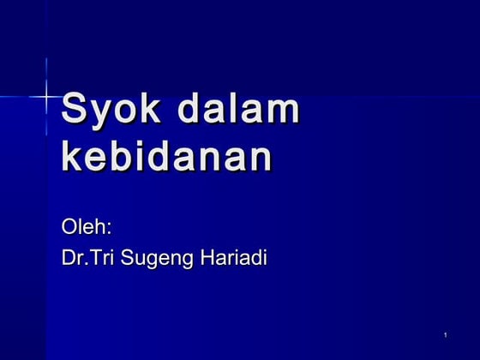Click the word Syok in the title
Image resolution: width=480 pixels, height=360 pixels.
tap(111, 111)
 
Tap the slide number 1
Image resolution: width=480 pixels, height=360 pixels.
tap(447, 333)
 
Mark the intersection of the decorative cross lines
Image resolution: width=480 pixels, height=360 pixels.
tap(45, 97)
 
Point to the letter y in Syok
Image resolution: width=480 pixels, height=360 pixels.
tap(100, 115)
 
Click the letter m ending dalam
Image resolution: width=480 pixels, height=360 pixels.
tap(284, 111)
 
